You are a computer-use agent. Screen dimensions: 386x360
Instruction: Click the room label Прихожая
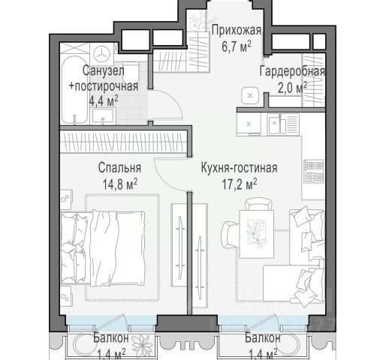pyautogui.click(x=236, y=31)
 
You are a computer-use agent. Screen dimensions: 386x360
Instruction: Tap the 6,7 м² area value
pyautogui.click(x=237, y=46)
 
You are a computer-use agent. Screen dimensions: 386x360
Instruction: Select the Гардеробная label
pyautogui.click(x=292, y=72)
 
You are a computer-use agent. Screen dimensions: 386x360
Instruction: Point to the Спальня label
pyautogui.click(x=119, y=167)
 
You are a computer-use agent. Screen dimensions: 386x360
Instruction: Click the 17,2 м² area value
pyautogui.click(x=240, y=184)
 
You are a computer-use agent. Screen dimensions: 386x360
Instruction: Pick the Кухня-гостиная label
pyautogui.click(x=240, y=168)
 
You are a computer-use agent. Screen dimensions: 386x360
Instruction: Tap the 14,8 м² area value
pyautogui.click(x=120, y=184)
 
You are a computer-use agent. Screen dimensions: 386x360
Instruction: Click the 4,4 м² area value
pyautogui.click(x=104, y=101)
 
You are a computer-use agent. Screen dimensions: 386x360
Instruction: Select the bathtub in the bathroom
pyautogui.click(x=75, y=90)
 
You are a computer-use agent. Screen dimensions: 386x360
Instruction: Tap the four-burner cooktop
pyautogui.click(x=314, y=171)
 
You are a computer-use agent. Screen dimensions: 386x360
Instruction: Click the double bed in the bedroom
pyautogui.click(x=103, y=248)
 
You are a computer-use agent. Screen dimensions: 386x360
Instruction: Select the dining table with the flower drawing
pyautogui.click(x=257, y=234)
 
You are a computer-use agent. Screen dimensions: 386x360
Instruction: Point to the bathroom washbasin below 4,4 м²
pyautogui.click(x=103, y=116)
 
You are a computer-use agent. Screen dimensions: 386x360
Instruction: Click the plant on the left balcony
pyautogui.click(x=142, y=344)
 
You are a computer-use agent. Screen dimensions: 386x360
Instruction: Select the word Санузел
pyautogui.click(x=104, y=71)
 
